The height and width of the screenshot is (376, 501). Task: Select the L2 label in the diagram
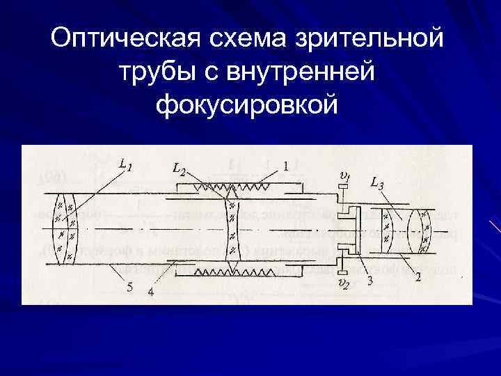coord(179,169)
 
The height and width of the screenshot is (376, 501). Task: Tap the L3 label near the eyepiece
coord(377,184)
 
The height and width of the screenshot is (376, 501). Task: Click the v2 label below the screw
coord(342,283)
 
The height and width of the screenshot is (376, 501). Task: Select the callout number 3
coord(371,281)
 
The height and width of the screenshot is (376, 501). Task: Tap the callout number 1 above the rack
coord(286,166)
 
